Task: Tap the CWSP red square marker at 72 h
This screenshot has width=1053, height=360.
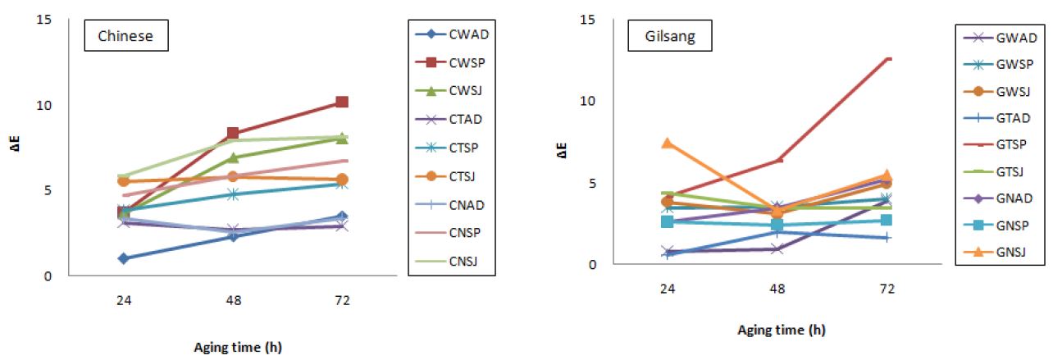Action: point(342,102)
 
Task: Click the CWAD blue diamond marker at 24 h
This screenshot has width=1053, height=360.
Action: point(123,258)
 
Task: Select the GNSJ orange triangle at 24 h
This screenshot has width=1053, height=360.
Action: point(668,143)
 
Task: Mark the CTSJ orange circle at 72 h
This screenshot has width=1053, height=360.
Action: point(342,180)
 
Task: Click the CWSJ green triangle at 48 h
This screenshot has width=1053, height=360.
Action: point(233,157)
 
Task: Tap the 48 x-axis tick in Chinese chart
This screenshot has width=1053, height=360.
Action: point(233,300)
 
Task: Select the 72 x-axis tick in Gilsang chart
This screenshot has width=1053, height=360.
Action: point(887,289)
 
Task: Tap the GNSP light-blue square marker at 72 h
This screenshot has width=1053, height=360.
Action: point(887,220)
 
